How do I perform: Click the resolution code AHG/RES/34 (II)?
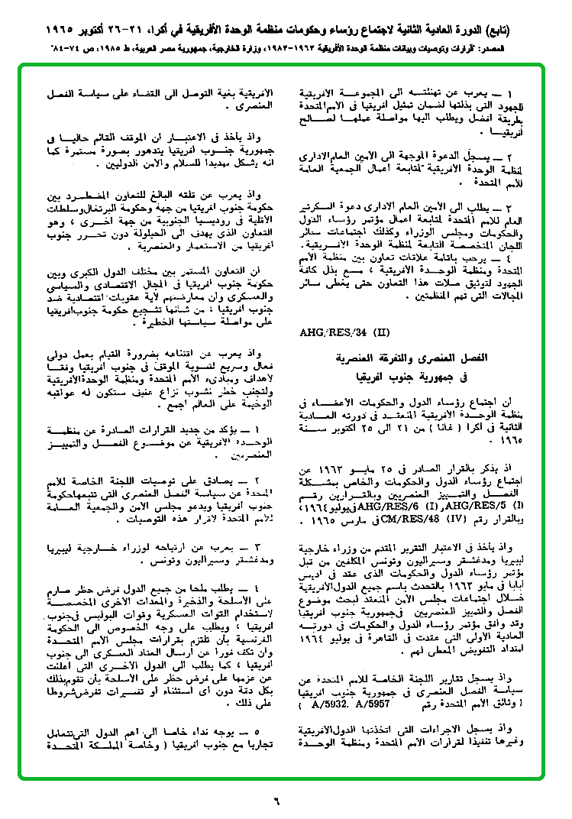point(334,333)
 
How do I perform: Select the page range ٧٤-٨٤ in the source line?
point(37,47)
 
